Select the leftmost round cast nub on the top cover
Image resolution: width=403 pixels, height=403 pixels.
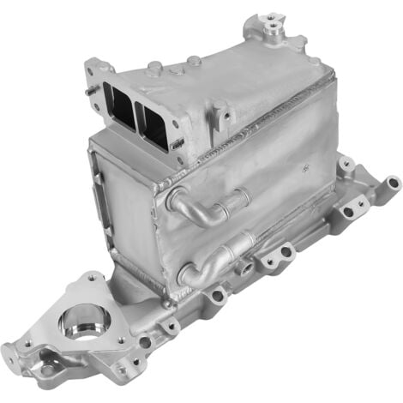[153, 67]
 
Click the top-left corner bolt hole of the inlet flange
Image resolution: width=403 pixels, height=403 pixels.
[97, 68]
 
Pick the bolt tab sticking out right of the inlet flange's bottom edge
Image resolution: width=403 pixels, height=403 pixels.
[177, 145]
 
